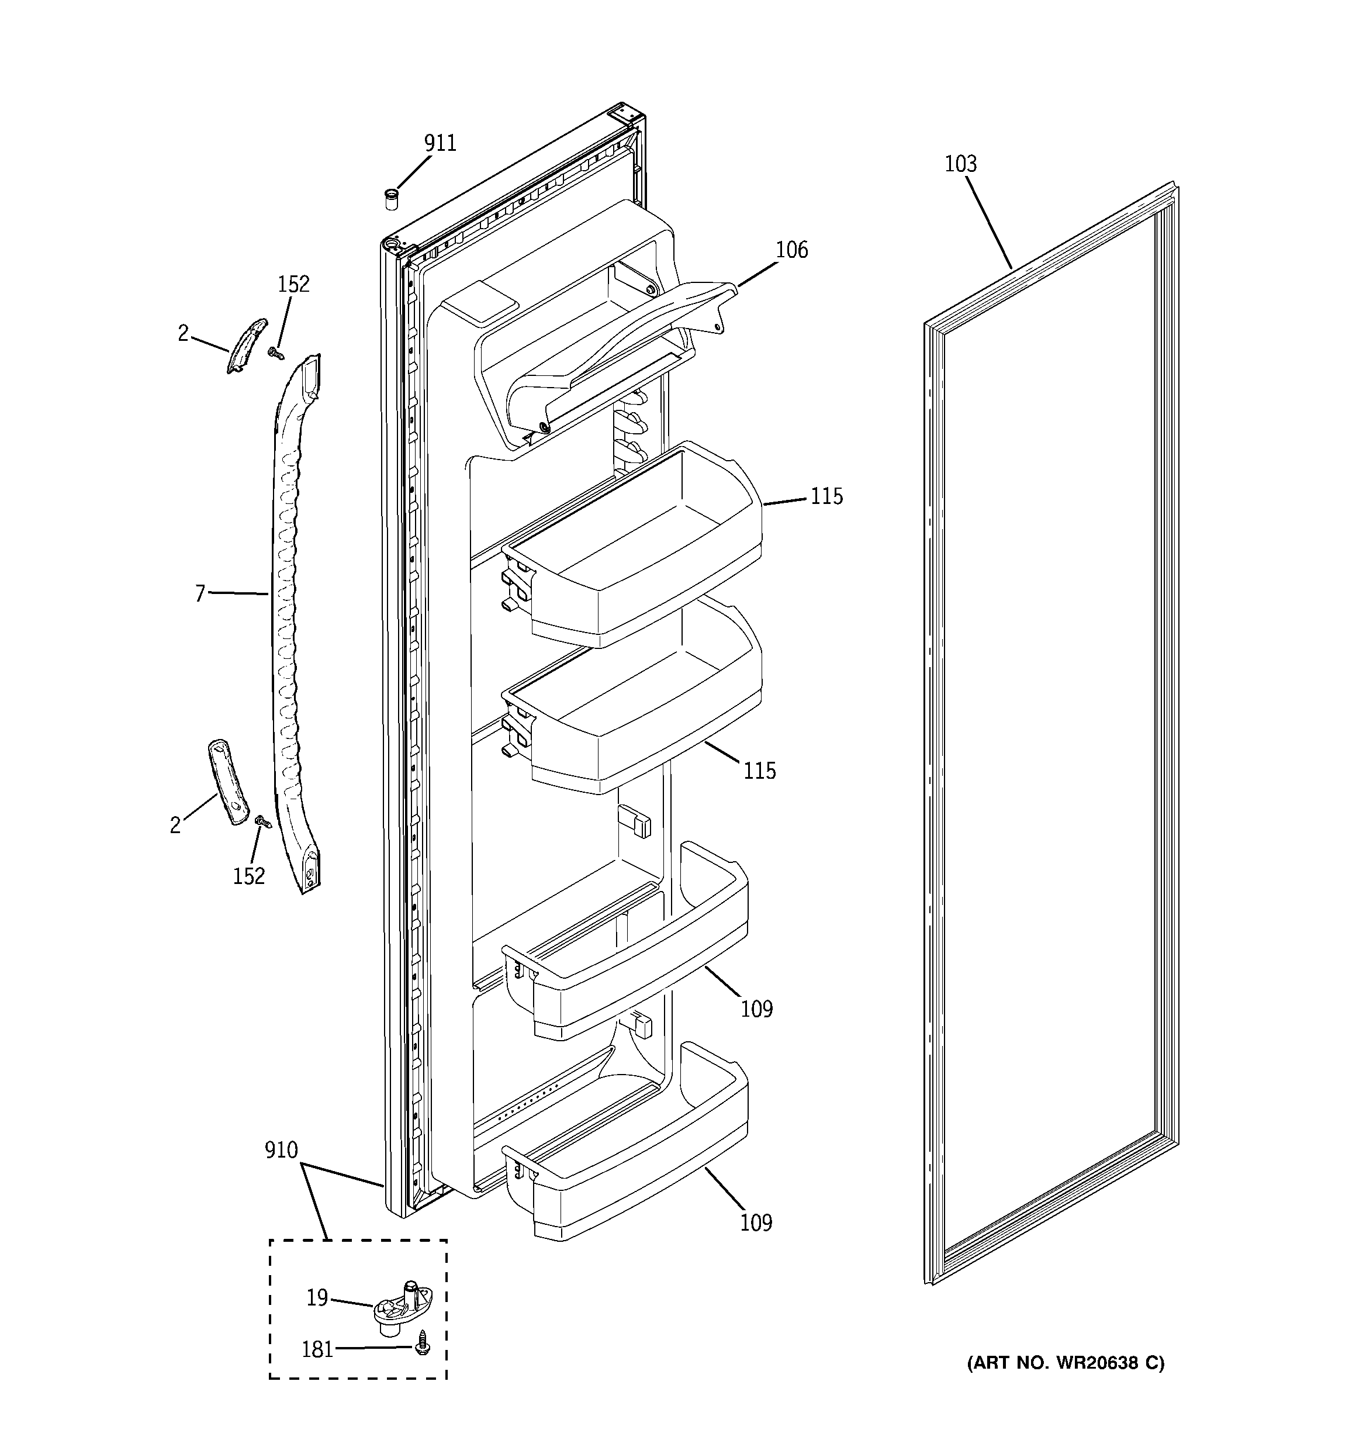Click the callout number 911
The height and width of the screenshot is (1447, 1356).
440,143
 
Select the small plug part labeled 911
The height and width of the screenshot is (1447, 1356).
392,199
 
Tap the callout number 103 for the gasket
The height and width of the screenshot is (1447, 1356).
960,164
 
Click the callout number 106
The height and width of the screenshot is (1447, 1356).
791,250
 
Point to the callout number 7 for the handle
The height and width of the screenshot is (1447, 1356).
200,594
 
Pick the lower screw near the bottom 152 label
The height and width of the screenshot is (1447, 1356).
264,823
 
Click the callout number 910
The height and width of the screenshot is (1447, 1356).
281,1151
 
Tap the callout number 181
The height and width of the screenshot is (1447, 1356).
317,1350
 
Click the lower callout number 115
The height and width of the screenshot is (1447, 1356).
759,771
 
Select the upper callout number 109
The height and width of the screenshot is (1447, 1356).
756,1009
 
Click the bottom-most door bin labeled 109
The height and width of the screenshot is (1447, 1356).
626,1179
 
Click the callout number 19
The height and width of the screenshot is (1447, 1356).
317,1298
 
